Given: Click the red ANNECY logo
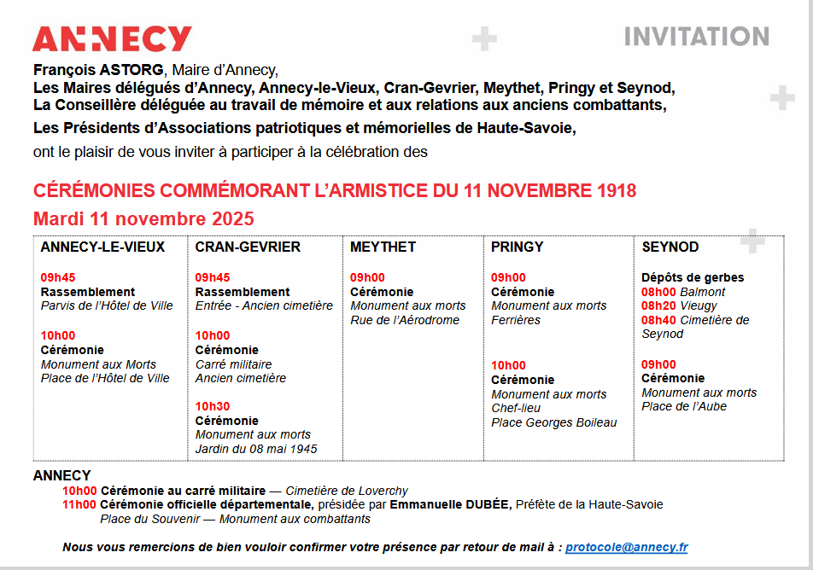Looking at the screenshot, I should point(112,39).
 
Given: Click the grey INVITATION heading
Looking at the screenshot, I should point(696,37).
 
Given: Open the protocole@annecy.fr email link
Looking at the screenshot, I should point(626,547).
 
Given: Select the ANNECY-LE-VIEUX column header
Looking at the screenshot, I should point(102,247).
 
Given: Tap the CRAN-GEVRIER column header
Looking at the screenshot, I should point(248,247).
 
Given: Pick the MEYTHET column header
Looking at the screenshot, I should point(383,247).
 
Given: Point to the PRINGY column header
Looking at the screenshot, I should point(517,247).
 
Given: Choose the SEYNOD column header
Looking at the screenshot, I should point(670,247).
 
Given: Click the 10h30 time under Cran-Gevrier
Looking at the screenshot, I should point(212,407).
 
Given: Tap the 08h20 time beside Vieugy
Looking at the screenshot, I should point(658,305).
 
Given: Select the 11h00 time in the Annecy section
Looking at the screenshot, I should point(79,504).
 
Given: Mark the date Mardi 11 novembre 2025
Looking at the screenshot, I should point(143,218).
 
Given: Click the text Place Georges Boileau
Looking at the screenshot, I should point(553,422).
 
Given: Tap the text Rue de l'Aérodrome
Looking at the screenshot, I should point(405,320).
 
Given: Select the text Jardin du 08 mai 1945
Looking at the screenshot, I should point(256,449).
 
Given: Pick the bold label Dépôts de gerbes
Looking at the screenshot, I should point(693,277).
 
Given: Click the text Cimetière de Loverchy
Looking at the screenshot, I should point(347,491).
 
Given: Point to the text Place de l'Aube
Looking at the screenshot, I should point(684,406).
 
